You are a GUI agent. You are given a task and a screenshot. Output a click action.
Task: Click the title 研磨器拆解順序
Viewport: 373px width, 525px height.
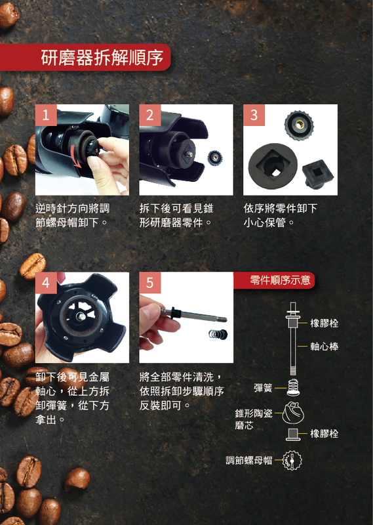(x=102, y=57)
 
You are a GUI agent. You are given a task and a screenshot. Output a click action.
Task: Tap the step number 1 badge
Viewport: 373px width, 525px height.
(x=46, y=115)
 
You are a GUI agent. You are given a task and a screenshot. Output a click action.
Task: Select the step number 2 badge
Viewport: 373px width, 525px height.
(x=150, y=115)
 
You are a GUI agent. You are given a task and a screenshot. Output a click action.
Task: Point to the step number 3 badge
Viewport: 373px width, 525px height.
(x=254, y=115)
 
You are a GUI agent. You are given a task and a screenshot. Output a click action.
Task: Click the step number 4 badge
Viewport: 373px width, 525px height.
(x=46, y=283)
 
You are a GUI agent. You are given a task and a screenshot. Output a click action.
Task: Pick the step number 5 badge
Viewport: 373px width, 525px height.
(x=150, y=283)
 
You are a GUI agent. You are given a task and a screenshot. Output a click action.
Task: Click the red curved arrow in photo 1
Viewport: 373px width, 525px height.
(x=76, y=157)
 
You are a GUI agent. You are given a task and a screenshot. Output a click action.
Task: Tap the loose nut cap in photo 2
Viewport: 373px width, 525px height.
(x=215, y=157)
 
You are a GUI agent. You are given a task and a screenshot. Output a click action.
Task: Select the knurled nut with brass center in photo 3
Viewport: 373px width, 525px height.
(x=299, y=125)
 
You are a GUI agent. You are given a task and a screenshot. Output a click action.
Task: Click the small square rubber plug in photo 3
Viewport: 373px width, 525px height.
(x=317, y=174)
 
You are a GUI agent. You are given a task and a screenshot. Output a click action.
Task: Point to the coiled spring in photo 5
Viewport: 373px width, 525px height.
(x=218, y=333)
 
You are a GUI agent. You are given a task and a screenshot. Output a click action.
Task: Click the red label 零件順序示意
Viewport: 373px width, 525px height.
(x=281, y=280)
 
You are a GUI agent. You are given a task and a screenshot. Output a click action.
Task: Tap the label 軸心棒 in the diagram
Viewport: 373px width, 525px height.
(x=324, y=346)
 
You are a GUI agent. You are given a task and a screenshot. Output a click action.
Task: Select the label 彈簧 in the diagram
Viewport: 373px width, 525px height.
(x=263, y=388)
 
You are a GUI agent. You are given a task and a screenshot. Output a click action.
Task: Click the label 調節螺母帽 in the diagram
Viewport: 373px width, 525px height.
(x=249, y=461)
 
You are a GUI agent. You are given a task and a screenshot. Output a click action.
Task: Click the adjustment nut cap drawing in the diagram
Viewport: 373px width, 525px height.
(x=292, y=461)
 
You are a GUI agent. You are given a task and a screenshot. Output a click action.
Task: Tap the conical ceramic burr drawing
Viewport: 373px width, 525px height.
(x=293, y=413)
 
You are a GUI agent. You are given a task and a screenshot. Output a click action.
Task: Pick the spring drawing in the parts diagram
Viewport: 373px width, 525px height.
(x=293, y=387)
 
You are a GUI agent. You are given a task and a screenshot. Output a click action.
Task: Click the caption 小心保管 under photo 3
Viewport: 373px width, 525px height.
(x=264, y=222)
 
